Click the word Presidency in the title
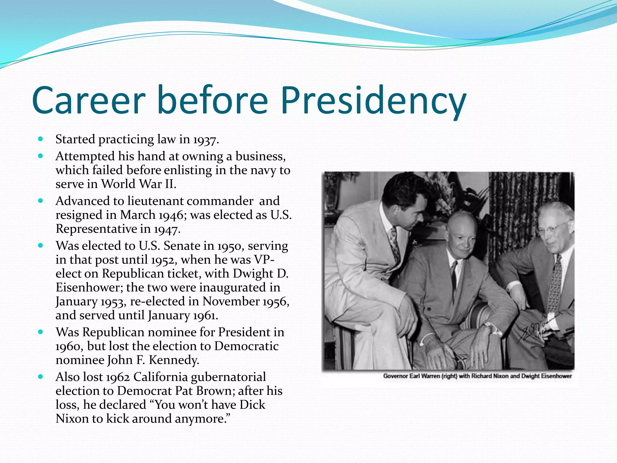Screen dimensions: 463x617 (374, 101)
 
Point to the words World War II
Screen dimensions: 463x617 (138, 184)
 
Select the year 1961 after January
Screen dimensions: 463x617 (205, 316)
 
